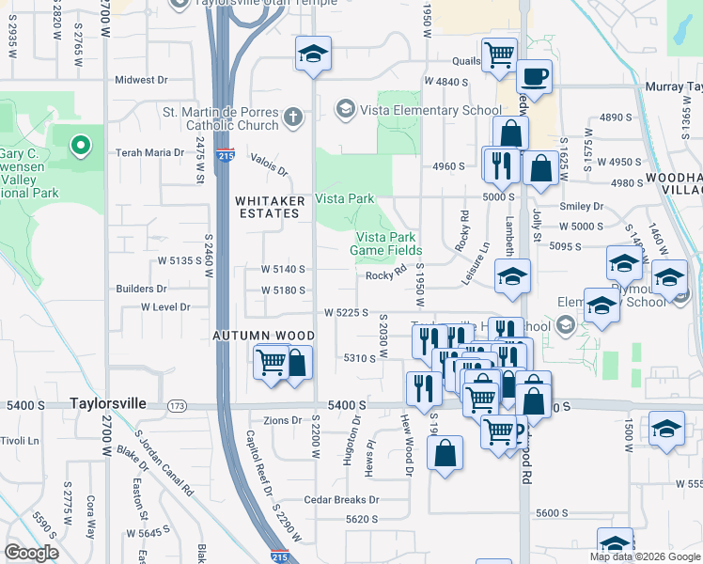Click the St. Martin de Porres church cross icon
tap(293, 117)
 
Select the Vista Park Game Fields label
tap(385, 244)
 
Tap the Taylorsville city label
tap(108, 402)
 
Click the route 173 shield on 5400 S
tap(177, 405)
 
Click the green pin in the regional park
tap(81, 146)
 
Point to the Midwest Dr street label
tap(141, 81)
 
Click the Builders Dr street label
tap(141, 289)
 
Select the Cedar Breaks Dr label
tap(341, 500)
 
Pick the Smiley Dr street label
tap(581, 206)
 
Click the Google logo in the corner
tap(32, 553)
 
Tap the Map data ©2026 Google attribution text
tap(645, 556)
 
